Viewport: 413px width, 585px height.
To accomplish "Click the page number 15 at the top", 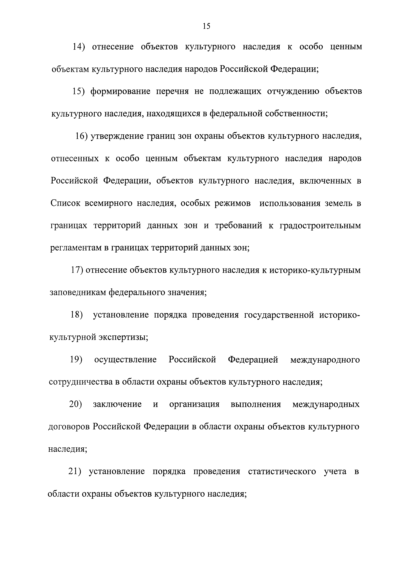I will (206, 26).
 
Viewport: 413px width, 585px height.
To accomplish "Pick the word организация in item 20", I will (194, 404).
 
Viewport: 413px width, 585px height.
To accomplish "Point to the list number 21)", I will (75, 472).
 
